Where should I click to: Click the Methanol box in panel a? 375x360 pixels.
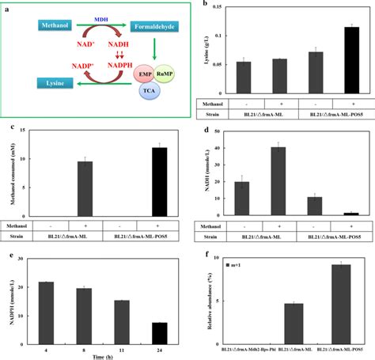[59, 27]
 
